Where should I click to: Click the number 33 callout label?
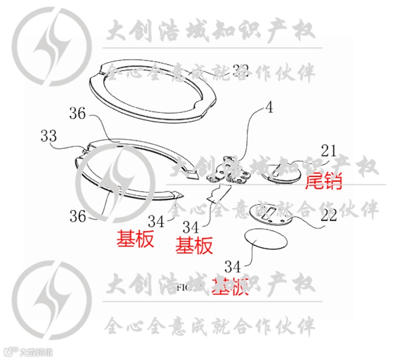click(x=49, y=136)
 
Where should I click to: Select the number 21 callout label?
click(x=328, y=150)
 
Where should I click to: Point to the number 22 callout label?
click(x=328, y=216)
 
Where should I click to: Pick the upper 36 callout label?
click(x=78, y=114)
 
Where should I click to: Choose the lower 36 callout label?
click(x=78, y=216)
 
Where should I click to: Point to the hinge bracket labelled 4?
click(x=230, y=171)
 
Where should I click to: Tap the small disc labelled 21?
click(x=283, y=173)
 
